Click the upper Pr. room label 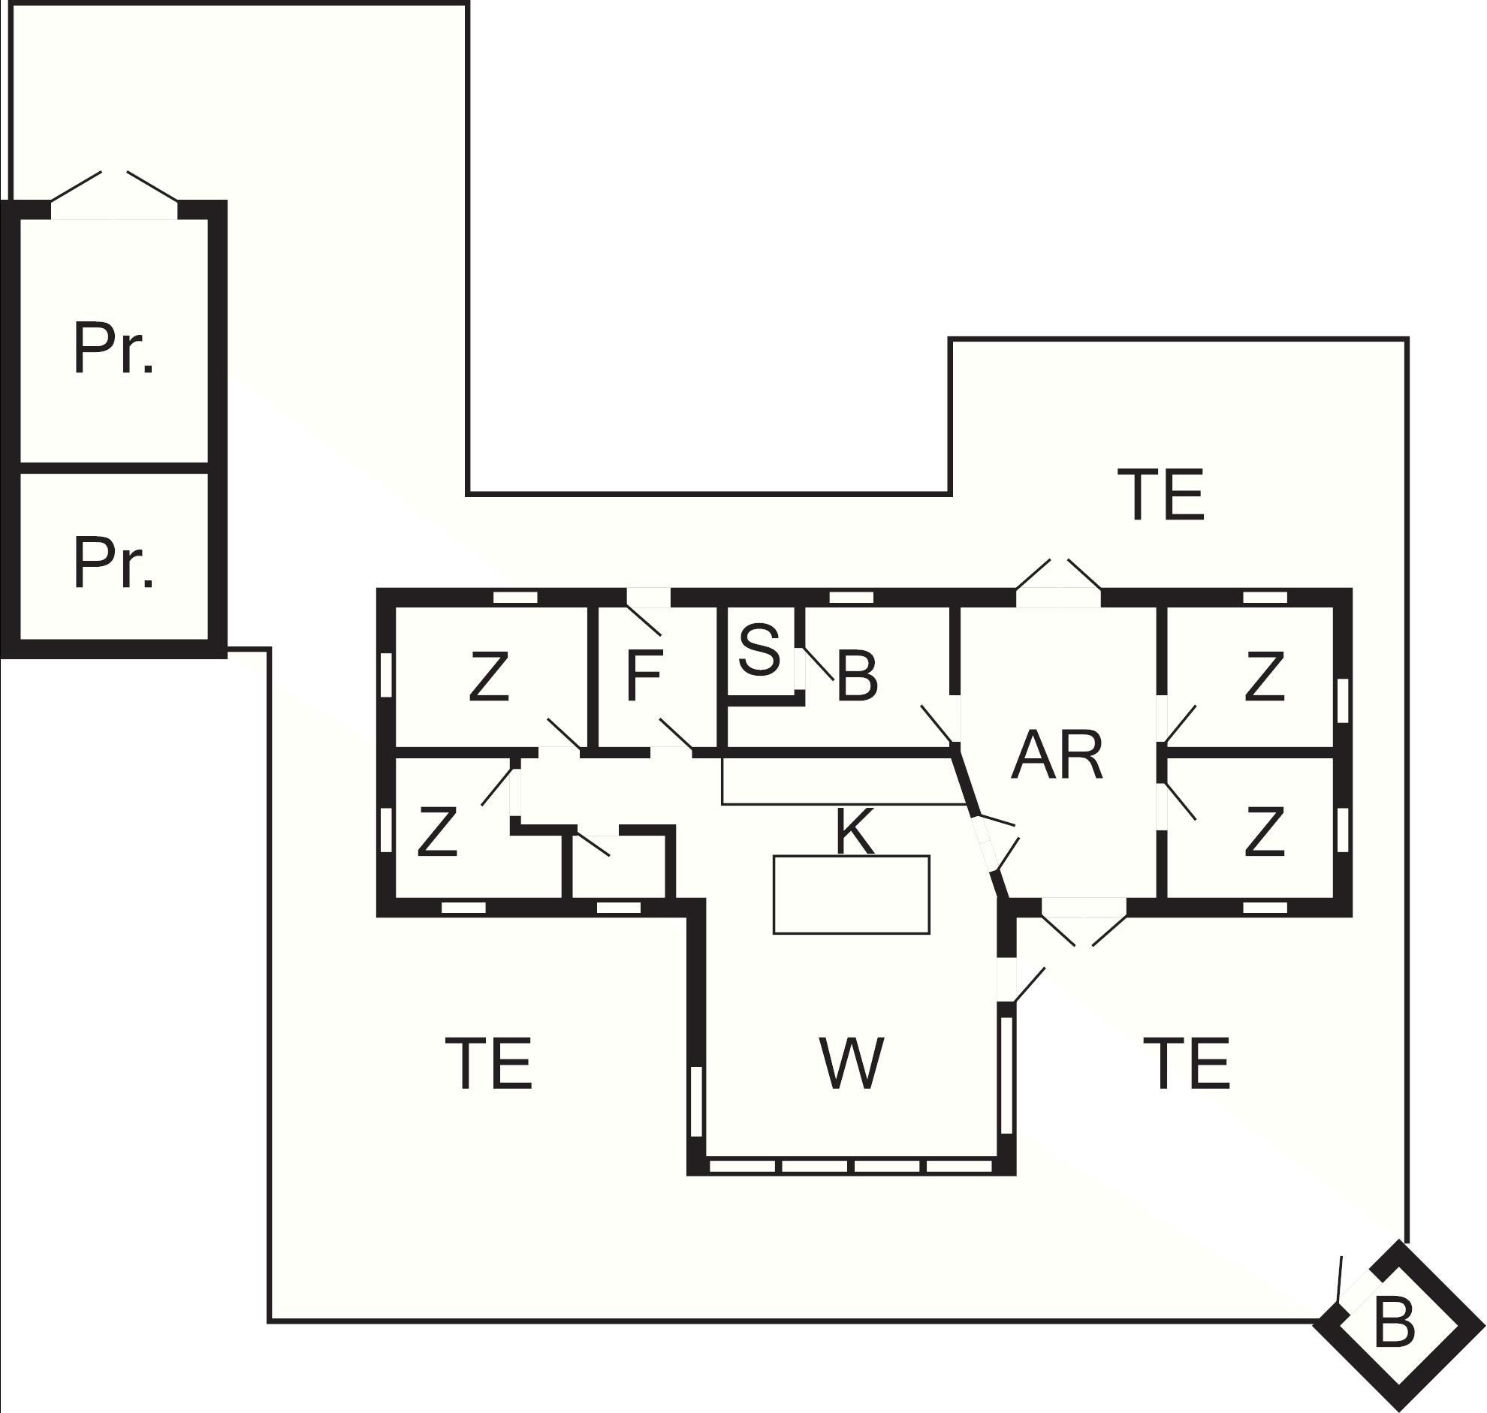[x=113, y=349]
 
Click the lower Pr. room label [x=113, y=563]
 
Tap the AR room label [x=1057, y=755]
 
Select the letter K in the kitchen [x=854, y=832]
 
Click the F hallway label [x=644, y=676]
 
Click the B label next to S [x=856, y=677]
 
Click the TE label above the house [x=1161, y=494]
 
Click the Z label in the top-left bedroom [x=488, y=677]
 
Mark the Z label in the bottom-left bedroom [x=437, y=832]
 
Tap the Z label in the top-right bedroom [x=1263, y=677]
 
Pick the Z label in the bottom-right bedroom [x=1263, y=832]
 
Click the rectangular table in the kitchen [x=851, y=895]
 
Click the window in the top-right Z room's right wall [x=1341, y=700]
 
